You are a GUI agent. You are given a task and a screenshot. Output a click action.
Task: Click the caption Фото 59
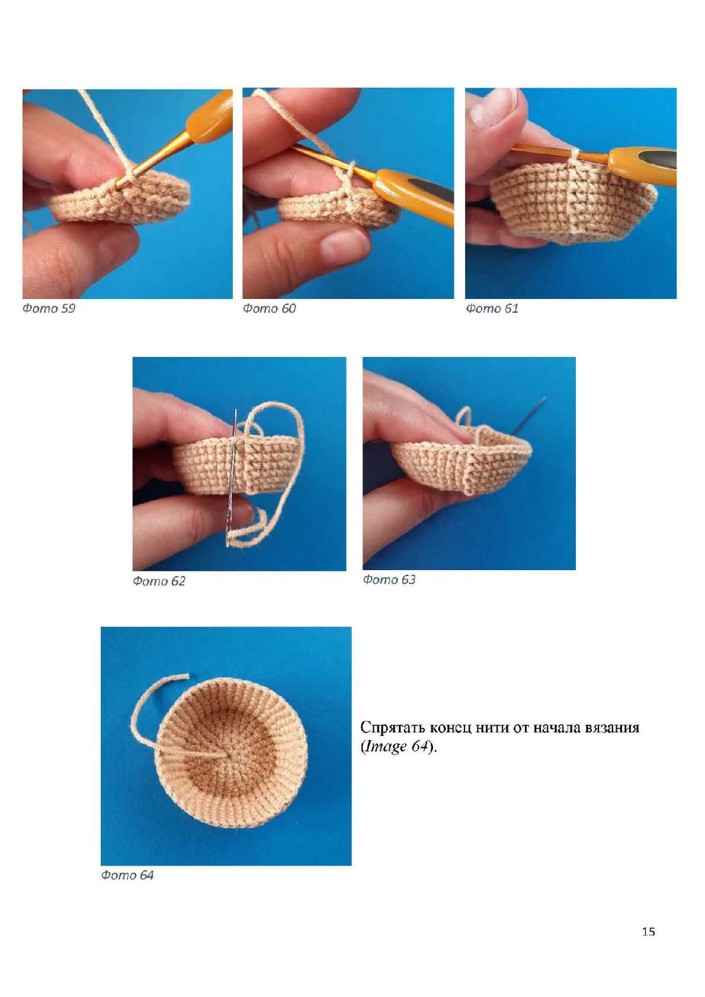click(49, 308)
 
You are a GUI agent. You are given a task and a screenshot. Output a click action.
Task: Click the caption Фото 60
click(269, 308)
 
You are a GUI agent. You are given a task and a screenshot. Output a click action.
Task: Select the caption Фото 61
click(492, 308)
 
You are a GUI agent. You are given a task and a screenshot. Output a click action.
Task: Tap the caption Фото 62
click(159, 581)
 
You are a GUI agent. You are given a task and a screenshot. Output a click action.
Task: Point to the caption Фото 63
click(389, 580)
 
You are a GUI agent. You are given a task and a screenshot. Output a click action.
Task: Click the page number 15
click(649, 931)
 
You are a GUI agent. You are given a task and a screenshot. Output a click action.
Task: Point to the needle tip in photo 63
click(546, 398)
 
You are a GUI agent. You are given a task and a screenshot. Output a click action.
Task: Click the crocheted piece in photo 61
click(573, 202)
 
